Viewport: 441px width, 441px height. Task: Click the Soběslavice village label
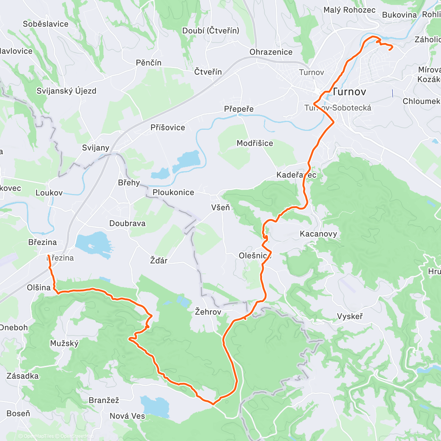(46, 24)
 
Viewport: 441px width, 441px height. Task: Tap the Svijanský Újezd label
(66, 91)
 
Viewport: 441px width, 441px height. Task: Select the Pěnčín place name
(148, 63)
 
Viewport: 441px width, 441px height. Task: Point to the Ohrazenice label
(271, 52)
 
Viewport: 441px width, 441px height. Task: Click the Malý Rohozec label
(349, 10)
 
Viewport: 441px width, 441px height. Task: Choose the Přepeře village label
(239, 109)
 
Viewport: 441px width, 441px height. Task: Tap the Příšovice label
(168, 128)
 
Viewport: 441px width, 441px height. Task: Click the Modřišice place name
(255, 143)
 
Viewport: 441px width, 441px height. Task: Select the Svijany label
(96, 148)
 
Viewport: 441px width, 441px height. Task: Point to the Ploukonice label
(173, 192)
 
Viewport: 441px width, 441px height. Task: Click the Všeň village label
(220, 208)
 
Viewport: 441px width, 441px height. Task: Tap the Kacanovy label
(318, 234)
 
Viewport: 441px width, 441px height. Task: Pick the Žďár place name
(159, 261)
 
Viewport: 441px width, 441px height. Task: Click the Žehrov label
(208, 312)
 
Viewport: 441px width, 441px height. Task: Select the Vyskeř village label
(350, 316)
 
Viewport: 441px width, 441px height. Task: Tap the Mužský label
(64, 343)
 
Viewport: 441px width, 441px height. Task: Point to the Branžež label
(104, 400)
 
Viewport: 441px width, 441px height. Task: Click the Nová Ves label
(127, 416)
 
